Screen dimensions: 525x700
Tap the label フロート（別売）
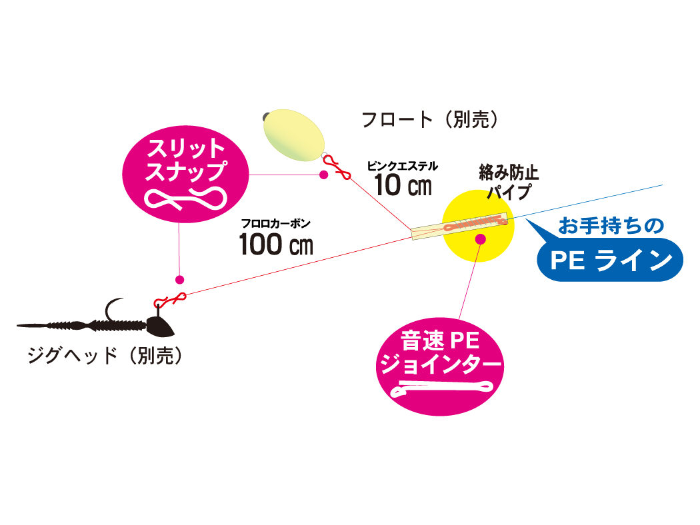(430, 119)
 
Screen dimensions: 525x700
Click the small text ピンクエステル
(402, 165)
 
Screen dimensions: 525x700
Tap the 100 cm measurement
(276, 245)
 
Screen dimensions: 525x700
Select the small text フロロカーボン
(276, 224)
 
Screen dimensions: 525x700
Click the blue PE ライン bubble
(610, 260)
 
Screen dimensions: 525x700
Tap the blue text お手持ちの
(611, 227)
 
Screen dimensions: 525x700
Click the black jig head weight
(159, 326)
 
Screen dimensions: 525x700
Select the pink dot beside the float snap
(323, 175)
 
